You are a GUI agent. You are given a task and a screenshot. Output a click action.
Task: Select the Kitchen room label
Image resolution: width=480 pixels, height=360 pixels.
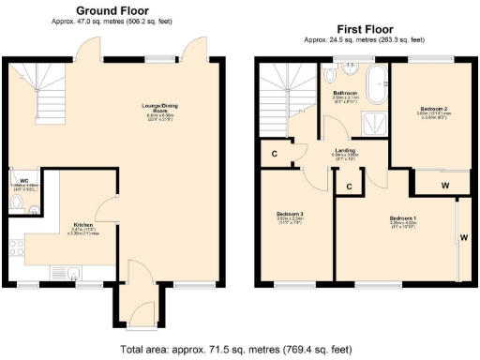[x=83, y=226]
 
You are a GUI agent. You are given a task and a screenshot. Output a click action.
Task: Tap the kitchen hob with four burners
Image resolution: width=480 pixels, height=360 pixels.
[x=16, y=250]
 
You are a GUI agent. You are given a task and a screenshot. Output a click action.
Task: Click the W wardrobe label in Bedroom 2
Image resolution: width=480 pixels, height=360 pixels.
[x=444, y=186]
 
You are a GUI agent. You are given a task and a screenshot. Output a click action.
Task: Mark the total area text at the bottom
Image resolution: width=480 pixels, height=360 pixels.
[x=236, y=349]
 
